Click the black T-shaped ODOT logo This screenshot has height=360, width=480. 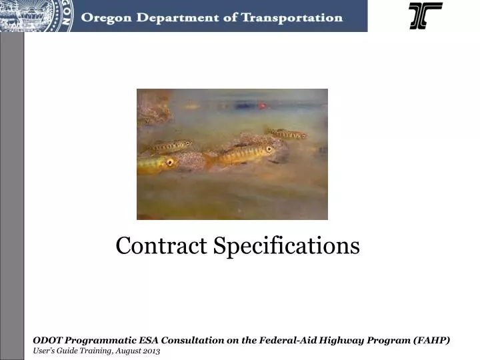[x=425, y=15]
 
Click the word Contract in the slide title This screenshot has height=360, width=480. [x=161, y=246]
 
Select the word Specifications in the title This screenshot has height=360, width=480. [x=287, y=246]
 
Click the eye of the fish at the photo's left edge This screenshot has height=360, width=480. [x=169, y=161]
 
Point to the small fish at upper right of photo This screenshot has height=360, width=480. [x=287, y=134]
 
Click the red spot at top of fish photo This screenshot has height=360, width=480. [x=262, y=105]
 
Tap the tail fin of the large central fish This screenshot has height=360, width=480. [x=212, y=159]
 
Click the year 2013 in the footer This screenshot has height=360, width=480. [x=151, y=350]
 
